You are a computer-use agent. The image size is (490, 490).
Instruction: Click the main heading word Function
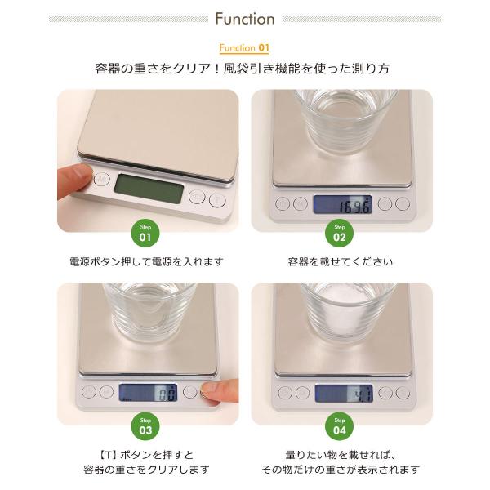(245, 19)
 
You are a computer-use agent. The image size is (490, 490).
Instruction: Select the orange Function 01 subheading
(244, 48)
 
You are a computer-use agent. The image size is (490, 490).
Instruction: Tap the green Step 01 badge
(145, 233)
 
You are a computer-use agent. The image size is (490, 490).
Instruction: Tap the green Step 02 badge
(340, 233)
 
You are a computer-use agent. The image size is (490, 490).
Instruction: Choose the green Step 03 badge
(145, 426)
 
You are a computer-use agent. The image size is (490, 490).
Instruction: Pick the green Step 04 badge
(340, 426)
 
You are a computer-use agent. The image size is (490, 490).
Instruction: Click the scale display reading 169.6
(343, 204)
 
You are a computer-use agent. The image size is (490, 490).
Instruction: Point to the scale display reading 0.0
(148, 393)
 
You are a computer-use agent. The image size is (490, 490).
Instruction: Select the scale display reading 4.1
(344, 394)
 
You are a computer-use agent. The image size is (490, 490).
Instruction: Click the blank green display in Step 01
(149, 189)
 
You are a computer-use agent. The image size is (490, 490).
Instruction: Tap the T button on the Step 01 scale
(217, 200)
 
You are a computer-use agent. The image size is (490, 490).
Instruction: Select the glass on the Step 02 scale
(345, 121)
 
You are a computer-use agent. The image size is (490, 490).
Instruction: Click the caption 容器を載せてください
(340, 261)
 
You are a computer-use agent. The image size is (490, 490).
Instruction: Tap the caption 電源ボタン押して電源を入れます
(146, 261)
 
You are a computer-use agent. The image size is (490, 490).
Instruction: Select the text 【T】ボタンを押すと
(146, 455)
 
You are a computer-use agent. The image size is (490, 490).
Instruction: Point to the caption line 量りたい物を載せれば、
(341, 455)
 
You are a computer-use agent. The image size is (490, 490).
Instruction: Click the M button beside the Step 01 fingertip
(102, 180)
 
